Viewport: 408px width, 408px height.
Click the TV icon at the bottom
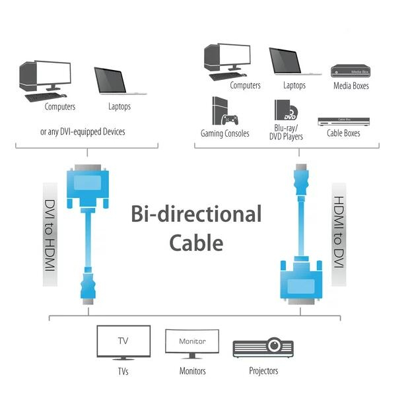tap(123, 342)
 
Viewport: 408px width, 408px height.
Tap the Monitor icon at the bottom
tap(192, 344)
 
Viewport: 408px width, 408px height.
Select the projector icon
tap(263, 347)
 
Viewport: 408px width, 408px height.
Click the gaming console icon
tap(224, 112)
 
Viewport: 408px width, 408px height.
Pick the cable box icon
tap(343, 121)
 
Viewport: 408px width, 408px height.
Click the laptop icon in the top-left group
tap(119, 81)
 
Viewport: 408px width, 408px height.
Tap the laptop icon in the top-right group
tap(286, 61)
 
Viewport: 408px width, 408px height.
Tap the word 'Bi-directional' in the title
tap(195, 215)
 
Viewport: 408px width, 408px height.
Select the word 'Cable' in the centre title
tap(196, 242)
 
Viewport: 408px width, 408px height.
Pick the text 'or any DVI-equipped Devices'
tap(83, 131)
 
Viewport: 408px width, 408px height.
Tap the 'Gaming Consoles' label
tap(224, 133)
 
